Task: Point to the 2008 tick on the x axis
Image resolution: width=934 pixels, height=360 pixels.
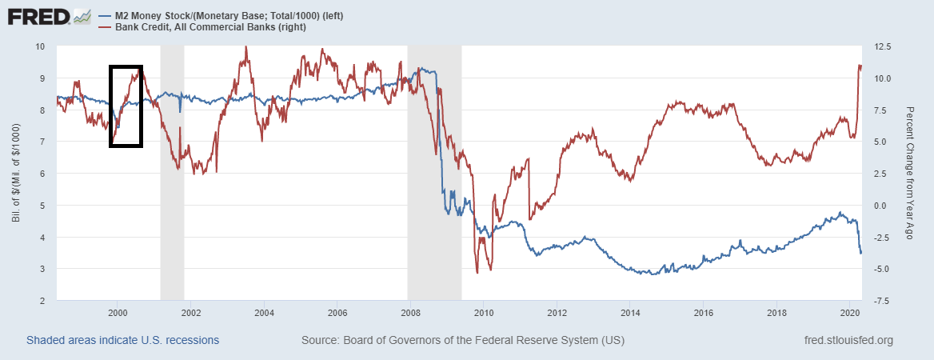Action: pyautogui.click(x=410, y=312)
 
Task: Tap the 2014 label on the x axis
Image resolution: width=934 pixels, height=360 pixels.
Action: pyautogui.click(x=630, y=312)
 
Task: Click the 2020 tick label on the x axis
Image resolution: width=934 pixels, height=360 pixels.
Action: pyautogui.click(x=850, y=312)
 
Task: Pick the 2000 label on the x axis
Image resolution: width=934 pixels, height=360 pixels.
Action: pyautogui.click(x=118, y=312)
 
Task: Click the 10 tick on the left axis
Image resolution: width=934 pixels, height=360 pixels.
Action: pyautogui.click(x=40, y=46)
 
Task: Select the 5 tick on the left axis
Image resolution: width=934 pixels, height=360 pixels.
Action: pyautogui.click(x=42, y=206)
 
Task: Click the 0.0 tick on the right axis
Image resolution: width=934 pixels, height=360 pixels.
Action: pyautogui.click(x=880, y=206)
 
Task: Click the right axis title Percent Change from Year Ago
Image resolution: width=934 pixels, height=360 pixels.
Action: pyautogui.click(x=909, y=173)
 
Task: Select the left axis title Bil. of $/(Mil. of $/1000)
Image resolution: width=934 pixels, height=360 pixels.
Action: pyautogui.click(x=15, y=173)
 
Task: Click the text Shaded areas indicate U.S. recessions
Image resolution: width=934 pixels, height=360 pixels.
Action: pyautogui.click(x=122, y=340)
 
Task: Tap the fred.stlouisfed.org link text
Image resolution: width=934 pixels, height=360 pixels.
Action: pyautogui.click(x=848, y=340)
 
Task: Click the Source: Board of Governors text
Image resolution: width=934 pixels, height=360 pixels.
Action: pyautogui.click(x=463, y=340)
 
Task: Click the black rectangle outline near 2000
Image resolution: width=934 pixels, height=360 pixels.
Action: pyautogui.click(x=110, y=104)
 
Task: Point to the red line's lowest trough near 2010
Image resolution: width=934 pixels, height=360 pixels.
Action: pyautogui.click(x=477, y=273)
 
